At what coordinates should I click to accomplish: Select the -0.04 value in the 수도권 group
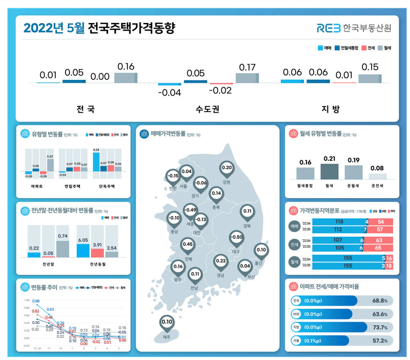169,93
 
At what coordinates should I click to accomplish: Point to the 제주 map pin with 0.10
167,322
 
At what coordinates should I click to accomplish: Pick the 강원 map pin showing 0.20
226,168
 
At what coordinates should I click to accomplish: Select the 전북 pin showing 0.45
188,245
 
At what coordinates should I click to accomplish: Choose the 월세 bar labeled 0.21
329,172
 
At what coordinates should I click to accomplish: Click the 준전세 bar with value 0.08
378,176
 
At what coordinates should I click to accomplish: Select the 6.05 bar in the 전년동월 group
83,250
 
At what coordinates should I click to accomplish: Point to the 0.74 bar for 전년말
63,249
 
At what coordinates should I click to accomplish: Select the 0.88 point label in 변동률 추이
36,301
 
